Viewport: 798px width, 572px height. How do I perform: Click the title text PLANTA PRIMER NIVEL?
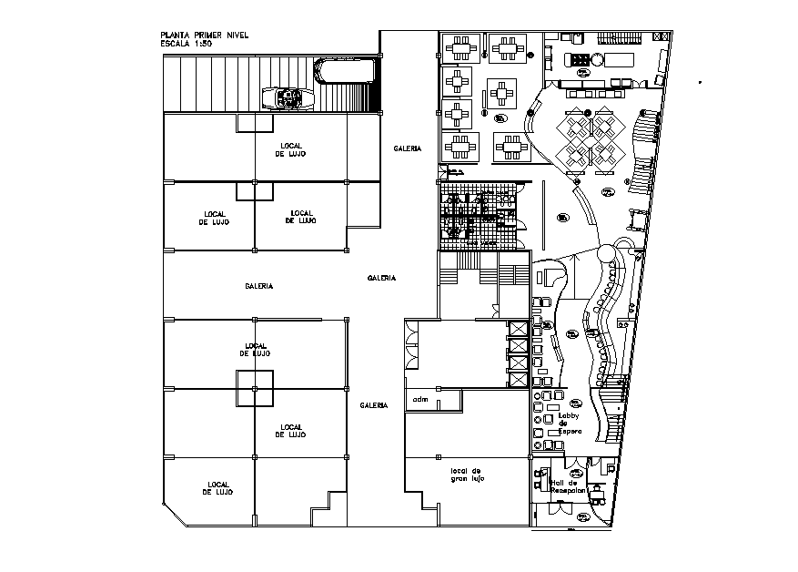(204, 35)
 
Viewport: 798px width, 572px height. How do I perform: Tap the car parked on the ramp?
(287, 97)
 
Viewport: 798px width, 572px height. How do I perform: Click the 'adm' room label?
(420, 399)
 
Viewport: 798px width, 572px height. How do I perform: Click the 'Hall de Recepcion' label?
(570, 487)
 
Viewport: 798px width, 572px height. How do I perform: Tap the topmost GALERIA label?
(407, 148)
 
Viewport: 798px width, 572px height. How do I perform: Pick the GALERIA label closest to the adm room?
(375, 404)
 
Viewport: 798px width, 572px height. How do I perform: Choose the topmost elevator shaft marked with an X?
(519, 330)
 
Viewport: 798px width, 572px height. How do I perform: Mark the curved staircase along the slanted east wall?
(646, 146)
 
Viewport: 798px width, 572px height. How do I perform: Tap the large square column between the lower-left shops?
(255, 389)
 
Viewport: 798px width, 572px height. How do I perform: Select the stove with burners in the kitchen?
(578, 60)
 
